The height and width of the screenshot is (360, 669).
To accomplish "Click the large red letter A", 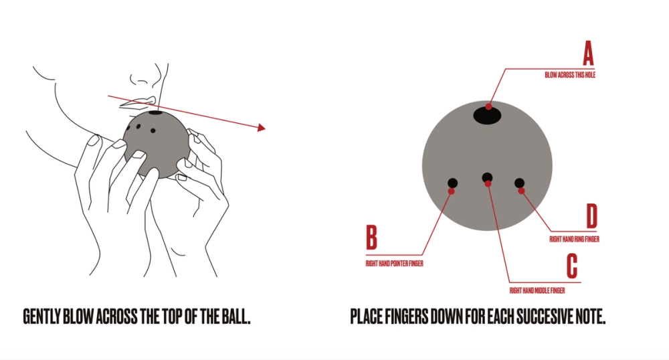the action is [x=588, y=53].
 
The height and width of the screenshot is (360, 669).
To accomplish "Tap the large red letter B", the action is [x=371, y=237].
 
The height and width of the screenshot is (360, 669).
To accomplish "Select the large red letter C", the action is [x=572, y=266].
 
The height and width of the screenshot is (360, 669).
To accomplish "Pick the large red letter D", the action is [x=592, y=216].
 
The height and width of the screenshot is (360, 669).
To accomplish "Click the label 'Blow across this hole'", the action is [x=570, y=75].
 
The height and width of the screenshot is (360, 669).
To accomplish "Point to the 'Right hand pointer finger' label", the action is [x=394, y=264].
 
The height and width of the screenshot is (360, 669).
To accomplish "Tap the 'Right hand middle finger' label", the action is [x=537, y=290].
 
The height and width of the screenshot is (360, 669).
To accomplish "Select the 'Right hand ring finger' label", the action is [x=574, y=240].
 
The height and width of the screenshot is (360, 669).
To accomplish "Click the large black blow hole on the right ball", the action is [x=487, y=115].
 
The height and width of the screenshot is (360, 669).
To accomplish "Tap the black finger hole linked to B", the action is [x=453, y=183].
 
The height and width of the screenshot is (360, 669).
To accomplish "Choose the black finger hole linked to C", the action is [x=487, y=177].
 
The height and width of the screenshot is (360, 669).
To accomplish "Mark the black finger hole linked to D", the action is [x=519, y=183].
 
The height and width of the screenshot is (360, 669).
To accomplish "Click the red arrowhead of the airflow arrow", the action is [x=261, y=128].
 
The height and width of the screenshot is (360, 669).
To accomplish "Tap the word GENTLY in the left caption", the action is [x=42, y=317].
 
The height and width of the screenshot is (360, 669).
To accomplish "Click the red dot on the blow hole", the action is [x=488, y=106].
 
